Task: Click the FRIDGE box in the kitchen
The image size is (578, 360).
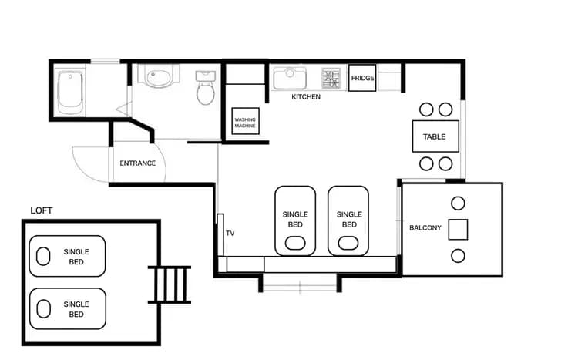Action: point(362,78)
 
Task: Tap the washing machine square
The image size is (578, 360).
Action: point(245,121)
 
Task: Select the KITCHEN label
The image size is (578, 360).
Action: point(306,96)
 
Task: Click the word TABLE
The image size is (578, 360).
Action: point(434,136)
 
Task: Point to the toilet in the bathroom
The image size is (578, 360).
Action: point(205,88)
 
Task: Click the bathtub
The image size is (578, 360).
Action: point(69,93)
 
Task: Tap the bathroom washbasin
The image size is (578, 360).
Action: point(158,76)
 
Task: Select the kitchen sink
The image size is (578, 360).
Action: point(290,78)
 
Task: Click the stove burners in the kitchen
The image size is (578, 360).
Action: point(331,78)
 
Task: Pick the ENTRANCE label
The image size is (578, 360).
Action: point(137,163)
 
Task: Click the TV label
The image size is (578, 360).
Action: point(230,233)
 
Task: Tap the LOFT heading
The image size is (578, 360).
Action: point(42,210)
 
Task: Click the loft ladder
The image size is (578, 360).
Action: point(170,284)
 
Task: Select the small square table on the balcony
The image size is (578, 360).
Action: point(458,230)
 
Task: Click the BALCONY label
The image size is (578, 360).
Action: point(425,228)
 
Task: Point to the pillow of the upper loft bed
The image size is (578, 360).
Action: point(43,257)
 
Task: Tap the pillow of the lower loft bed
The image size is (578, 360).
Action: point(43,308)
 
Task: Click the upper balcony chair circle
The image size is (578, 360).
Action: point(458,204)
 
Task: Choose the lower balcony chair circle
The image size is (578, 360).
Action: point(458,256)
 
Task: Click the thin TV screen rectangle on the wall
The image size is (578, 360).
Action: point(220,235)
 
